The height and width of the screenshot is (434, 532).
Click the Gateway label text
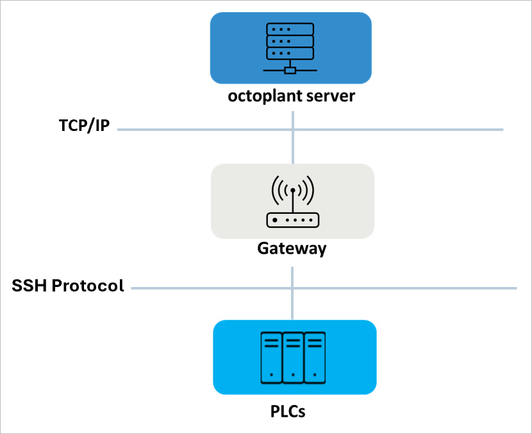point(292,248)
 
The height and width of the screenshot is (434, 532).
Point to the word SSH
point(29,286)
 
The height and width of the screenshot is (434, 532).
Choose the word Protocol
point(88,286)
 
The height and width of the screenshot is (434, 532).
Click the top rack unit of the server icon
point(290,29)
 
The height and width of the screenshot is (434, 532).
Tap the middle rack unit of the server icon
point(290,41)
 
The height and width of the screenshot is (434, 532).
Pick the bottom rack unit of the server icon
point(290,53)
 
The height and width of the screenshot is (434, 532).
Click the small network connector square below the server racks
point(290,70)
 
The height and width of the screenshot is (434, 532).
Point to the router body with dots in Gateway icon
point(292,220)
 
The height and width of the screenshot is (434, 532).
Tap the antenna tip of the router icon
point(293,191)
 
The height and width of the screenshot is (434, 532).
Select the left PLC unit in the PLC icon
point(271,357)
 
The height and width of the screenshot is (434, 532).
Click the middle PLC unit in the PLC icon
point(293,357)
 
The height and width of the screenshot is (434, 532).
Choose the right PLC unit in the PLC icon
point(315,357)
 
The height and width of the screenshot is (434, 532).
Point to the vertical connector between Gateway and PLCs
point(293,302)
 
